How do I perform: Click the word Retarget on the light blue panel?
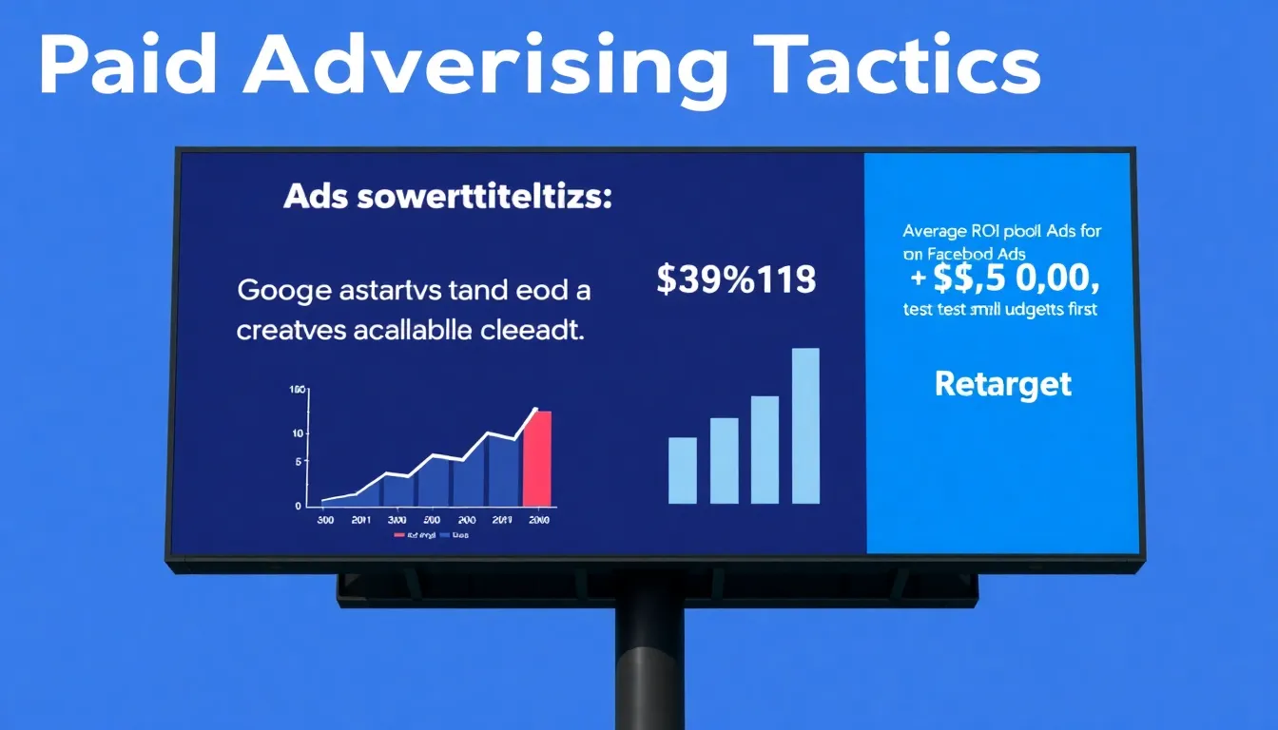[x=1003, y=384]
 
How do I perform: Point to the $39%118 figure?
[x=736, y=279]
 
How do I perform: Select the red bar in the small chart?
[x=537, y=458]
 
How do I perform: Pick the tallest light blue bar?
[x=805, y=425]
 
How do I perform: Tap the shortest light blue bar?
[x=683, y=470]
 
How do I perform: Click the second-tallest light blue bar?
[x=765, y=449]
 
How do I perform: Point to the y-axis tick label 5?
[x=299, y=462]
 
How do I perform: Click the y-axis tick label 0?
[x=299, y=506]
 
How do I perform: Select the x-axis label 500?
[x=431, y=521]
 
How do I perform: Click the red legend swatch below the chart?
[x=399, y=536]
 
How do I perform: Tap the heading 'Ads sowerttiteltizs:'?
[x=448, y=200]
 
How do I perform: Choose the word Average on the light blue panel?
[x=936, y=231]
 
